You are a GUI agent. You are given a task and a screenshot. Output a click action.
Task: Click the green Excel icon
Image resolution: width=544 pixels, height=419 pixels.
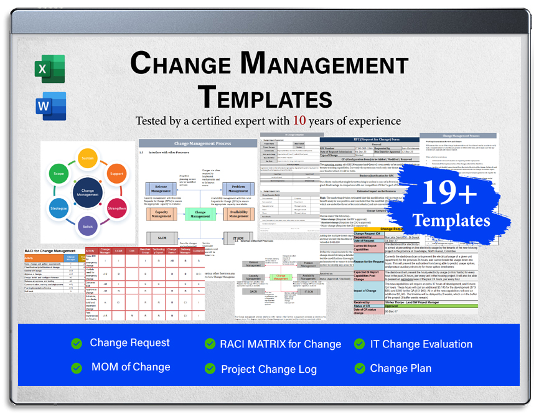(50, 68)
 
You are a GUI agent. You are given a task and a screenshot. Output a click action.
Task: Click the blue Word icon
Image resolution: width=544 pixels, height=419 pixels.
(50, 105)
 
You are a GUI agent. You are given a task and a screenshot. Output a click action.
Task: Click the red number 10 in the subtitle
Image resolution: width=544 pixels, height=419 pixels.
(300, 120)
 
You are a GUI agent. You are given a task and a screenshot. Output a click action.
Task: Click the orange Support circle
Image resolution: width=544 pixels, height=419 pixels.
(116, 174)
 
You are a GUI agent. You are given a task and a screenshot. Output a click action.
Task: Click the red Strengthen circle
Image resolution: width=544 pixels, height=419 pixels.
(116, 209)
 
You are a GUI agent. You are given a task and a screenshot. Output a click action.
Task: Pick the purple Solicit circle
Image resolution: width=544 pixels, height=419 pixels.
(88, 227)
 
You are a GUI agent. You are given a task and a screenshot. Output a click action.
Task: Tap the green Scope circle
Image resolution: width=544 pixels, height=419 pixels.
(59, 174)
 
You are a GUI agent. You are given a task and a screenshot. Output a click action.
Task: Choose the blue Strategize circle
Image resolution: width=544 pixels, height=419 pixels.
(59, 209)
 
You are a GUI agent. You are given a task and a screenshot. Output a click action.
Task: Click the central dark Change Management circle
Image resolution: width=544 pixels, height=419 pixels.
(88, 193)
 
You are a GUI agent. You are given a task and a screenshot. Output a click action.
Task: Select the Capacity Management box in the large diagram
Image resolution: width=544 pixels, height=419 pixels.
(161, 214)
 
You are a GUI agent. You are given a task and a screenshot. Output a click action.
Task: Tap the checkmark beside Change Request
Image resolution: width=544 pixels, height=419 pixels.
(76, 344)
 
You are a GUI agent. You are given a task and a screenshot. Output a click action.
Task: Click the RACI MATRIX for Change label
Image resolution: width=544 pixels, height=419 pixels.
(280, 344)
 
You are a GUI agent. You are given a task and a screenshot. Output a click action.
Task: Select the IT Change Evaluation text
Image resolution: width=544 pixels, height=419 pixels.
(421, 344)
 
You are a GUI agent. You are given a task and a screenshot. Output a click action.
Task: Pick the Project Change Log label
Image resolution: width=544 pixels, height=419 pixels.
(269, 369)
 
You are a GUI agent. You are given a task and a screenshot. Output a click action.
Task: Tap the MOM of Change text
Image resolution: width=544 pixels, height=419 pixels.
(131, 367)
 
